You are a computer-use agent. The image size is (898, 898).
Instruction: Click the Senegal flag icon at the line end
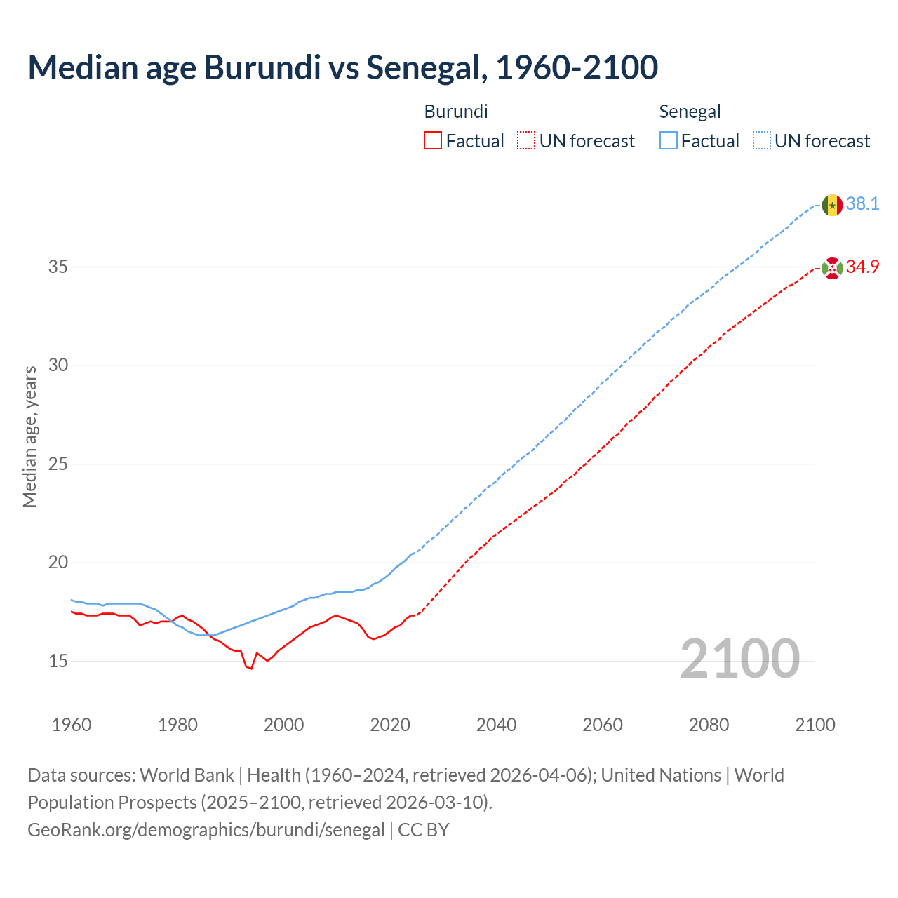click(832, 205)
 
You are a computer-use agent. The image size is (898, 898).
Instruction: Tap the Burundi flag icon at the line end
click(832, 268)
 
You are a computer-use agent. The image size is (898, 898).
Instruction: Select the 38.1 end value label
click(862, 204)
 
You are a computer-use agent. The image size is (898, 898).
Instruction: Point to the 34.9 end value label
click(862, 267)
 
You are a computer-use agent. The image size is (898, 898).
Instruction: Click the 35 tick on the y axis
click(58, 267)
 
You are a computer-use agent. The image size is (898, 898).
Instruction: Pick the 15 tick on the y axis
click(58, 661)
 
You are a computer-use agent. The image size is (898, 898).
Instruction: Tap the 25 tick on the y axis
click(58, 464)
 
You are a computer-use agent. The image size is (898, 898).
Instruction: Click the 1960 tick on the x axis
click(72, 725)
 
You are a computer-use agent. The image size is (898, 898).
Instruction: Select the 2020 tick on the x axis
click(390, 725)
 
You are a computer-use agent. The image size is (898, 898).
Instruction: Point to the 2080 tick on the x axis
click(709, 725)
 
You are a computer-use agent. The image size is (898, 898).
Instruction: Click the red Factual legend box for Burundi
click(433, 141)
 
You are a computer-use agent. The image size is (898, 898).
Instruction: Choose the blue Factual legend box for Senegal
click(668, 141)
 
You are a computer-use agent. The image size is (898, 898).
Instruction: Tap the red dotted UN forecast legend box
click(526, 141)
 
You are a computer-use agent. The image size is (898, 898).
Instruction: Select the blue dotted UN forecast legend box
click(761, 141)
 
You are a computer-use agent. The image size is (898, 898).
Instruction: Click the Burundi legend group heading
click(456, 112)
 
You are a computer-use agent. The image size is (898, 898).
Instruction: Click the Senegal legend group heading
click(690, 112)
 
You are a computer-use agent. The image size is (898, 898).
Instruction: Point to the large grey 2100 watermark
click(739, 658)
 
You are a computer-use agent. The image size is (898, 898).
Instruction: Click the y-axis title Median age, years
click(29, 436)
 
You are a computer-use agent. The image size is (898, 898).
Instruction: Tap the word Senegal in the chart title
click(426, 67)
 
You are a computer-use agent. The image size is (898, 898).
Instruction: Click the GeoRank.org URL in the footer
click(206, 830)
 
